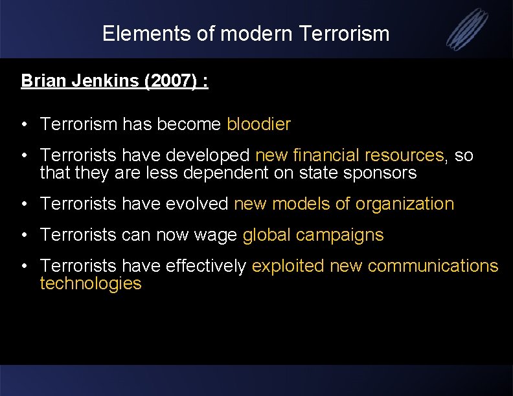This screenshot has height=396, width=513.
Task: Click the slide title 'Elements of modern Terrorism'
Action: (x=245, y=34)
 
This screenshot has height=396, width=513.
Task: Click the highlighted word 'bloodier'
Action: (x=258, y=124)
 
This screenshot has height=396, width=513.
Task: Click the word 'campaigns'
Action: (x=340, y=235)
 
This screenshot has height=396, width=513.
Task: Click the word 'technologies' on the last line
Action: (x=90, y=283)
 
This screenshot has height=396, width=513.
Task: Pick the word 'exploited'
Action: (x=288, y=266)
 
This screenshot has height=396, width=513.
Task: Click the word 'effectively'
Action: (x=206, y=266)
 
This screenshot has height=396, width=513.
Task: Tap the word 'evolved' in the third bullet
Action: (x=197, y=204)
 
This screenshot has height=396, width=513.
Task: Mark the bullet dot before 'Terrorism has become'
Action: (x=24, y=125)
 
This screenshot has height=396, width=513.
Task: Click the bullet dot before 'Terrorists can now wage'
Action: (x=24, y=236)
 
